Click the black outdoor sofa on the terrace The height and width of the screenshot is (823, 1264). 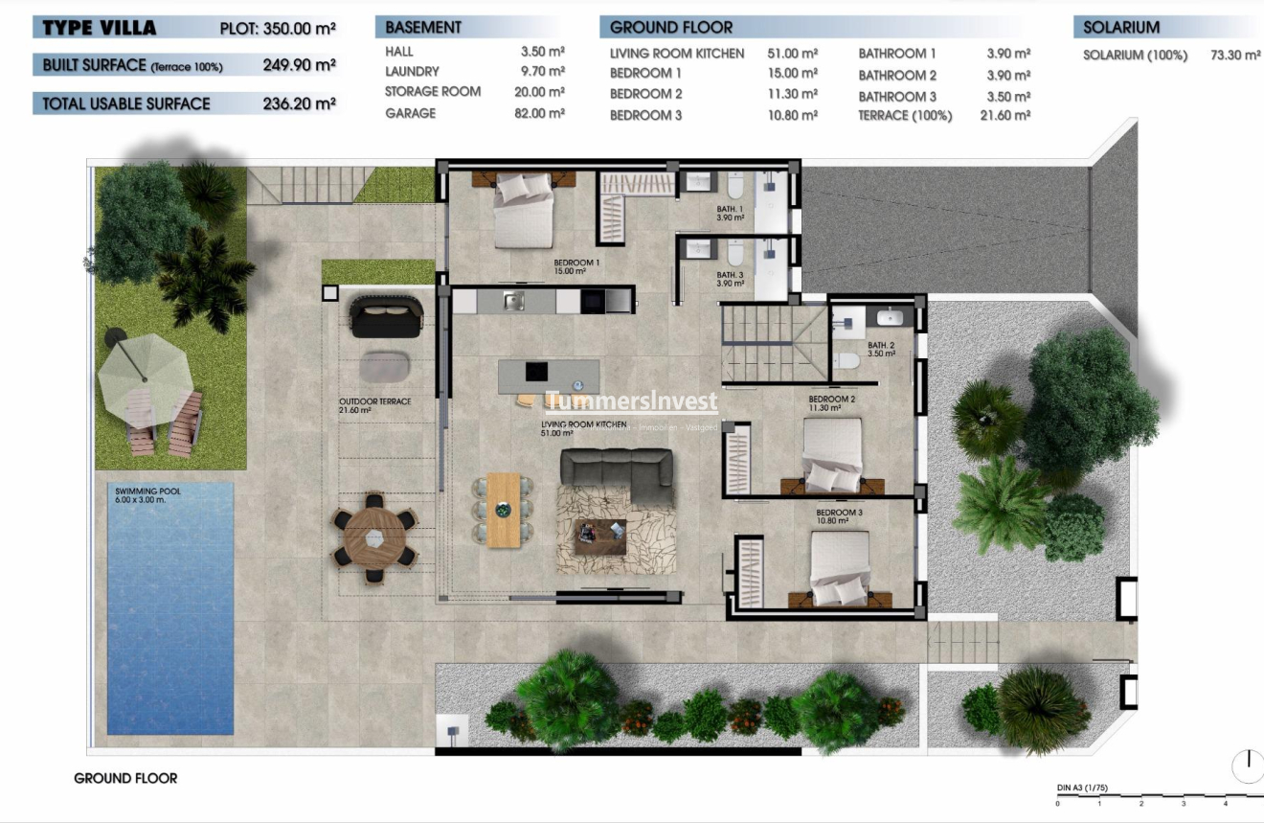click(386, 316)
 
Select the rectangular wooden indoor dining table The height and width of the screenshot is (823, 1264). click(503, 510)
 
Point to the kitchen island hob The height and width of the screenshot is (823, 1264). click(535, 372)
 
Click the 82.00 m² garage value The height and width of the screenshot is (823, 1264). click(539, 113)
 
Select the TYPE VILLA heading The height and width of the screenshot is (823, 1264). click(99, 28)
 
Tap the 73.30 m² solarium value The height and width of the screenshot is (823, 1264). click(1235, 56)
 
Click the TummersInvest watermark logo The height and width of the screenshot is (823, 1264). click(631, 401)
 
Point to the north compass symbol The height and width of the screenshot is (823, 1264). click(1249, 765)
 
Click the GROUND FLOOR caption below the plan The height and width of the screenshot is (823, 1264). click(125, 778)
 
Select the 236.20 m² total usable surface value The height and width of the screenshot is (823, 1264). click(299, 103)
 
